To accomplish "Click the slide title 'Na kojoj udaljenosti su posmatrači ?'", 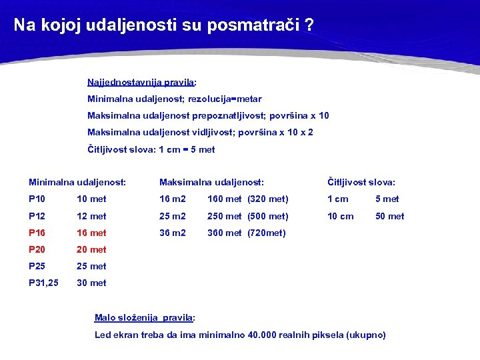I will [163, 25].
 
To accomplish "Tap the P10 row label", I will [37, 199].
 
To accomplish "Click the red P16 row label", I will [37, 233].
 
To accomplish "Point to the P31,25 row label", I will [43, 283].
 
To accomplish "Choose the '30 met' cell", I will [91, 283].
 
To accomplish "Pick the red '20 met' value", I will [91, 249].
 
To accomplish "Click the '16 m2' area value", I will [173, 199].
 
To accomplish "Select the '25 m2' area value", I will [173, 216].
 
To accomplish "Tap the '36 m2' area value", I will [173, 233].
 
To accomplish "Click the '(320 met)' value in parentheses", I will [268, 199].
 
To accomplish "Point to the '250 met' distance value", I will [225, 216].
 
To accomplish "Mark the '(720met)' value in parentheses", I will [267, 233].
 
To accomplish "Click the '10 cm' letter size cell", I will [340, 216].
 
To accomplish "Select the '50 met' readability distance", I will [390, 216].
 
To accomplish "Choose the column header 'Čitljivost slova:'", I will [361, 182].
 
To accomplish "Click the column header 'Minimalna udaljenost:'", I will [77, 182].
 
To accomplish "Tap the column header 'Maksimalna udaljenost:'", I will [211, 182].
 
